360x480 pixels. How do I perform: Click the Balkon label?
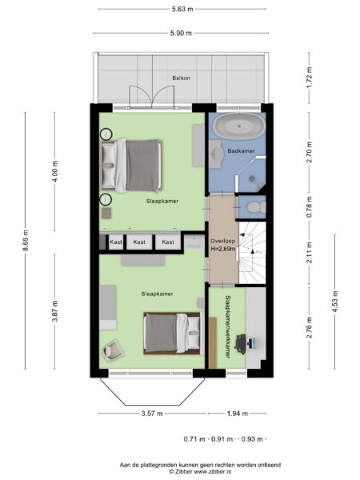pyautogui.click(x=180, y=78)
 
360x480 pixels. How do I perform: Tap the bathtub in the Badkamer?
pyautogui.click(x=238, y=126)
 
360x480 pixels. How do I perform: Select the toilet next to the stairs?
pyautogui.click(x=254, y=206)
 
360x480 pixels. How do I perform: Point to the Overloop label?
pyautogui.click(x=222, y=241)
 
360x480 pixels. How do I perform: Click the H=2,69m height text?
pyautogui.click(x=222, y=250)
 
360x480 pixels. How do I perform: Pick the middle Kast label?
pyautogui.click(x=140, y=241)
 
